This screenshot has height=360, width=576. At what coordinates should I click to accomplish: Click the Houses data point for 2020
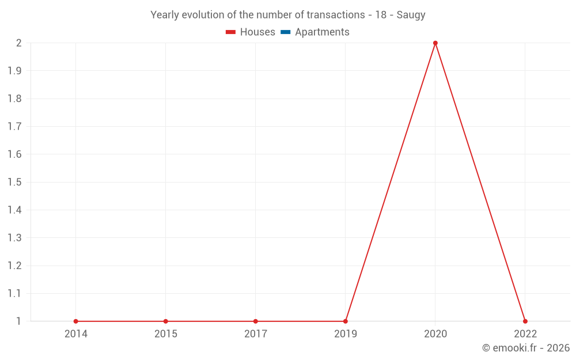pyautogui.click(x=435, y=43)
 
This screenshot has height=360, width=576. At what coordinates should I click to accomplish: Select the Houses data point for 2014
pyautogui.click(x=76, y=321)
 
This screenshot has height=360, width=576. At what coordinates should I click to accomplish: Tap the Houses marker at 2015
pyautogui.click(x=166, y=321)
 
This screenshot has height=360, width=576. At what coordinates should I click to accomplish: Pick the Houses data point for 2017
pyautogui.click(x=256, y=321)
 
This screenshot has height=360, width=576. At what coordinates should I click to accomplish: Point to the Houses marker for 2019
pyautogui.click(x=346, y=321)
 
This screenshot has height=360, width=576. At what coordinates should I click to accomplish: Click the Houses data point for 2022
pyautogui.click(x=525, y=321)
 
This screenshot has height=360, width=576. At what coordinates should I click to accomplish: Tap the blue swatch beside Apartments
pyautogui.click(x=286, y=32)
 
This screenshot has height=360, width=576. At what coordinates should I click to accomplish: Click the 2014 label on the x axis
pyautogui.click(x=76, y=334)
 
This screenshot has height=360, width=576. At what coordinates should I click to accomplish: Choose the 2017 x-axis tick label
pyautogui.click(x=256, y=334)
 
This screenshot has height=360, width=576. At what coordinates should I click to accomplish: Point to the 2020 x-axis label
pyautogui.click(x=435, y=334)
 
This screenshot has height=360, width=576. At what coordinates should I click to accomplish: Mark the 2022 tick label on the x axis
pyautogui.click(x=525, y=334)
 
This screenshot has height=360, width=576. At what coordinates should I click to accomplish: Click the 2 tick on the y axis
pyautogui.click(x=18, y=43)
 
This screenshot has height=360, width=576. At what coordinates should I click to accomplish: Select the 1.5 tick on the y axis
pyautogui.click(x=14, y=182)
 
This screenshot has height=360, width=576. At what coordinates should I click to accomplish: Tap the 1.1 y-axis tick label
pyautogui.click(x=14, y=293)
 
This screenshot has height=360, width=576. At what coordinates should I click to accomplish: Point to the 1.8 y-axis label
pyautogui.click(x=14, y=98)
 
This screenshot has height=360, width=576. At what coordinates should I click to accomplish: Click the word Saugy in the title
pyautogui.click(x=411, y=15)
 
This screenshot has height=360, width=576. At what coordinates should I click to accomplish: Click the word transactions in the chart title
pyautogui.click(x=336, y=15)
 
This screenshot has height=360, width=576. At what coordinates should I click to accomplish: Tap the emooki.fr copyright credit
pyautogui.click(x=526, y=348)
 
